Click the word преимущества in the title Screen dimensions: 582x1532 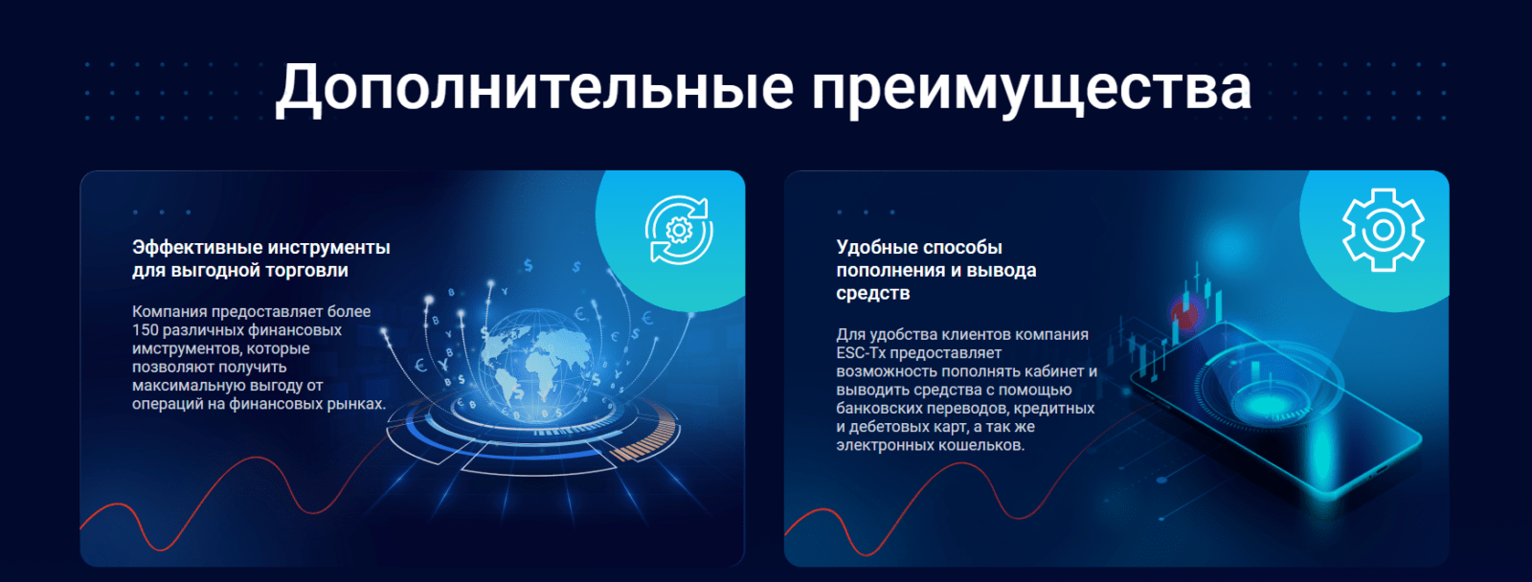click(x=1031, y=88)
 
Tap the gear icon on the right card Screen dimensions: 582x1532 click(x=1383, y=230)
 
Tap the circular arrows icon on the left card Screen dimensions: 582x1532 click(x=679, y=230)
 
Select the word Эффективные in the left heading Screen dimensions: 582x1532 click(x=191, y=247)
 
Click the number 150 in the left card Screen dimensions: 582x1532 click(x=146, y=330)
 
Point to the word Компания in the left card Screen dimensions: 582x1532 click(x=169, y=312)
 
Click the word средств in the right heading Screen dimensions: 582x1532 click(x=873, y=294)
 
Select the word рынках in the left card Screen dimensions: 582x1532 click(x=357, y=404)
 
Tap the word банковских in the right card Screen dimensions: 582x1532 click(x=878, y=409)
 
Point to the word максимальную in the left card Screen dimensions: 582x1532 click(x=178, y=386)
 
